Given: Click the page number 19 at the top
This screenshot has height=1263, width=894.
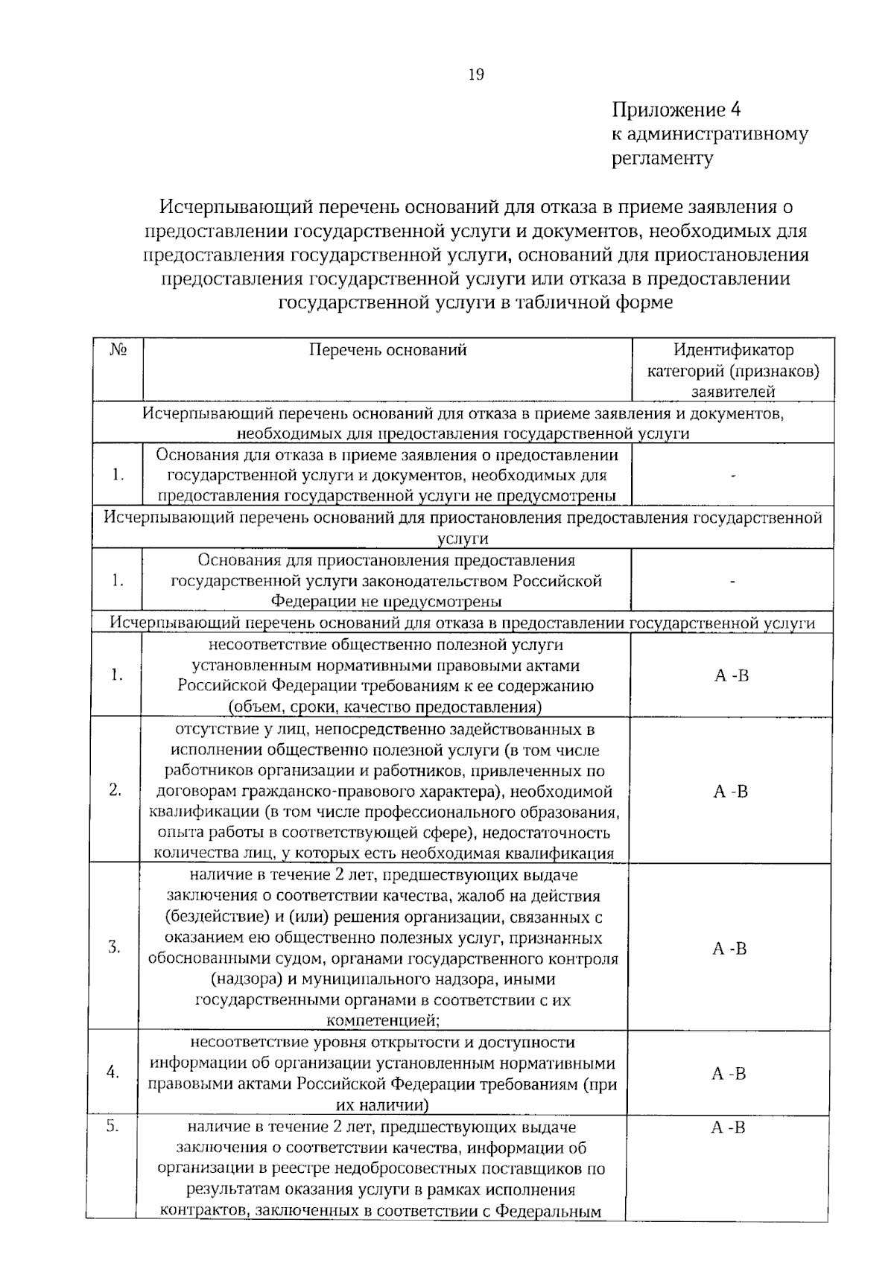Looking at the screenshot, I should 476,74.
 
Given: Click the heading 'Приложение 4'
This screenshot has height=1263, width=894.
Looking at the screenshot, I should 676,110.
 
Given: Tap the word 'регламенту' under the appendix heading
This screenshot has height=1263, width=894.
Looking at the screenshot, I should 662,159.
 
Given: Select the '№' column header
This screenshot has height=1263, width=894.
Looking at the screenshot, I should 117,350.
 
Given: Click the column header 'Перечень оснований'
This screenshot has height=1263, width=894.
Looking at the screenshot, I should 387,350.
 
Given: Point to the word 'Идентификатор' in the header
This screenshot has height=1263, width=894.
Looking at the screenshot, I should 733,350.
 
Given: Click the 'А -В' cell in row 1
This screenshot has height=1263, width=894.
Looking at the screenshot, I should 731,676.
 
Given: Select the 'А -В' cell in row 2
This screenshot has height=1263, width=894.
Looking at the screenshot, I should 730,792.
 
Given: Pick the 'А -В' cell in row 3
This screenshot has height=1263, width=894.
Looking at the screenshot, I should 729,949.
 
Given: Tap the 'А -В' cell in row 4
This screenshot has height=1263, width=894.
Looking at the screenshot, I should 729,1073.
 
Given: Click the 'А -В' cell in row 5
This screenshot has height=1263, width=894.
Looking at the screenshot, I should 728,1127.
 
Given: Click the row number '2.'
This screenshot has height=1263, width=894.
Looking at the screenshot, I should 115,791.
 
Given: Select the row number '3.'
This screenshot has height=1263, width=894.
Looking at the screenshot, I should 114,948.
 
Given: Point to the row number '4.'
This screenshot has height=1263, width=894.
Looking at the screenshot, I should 113,1073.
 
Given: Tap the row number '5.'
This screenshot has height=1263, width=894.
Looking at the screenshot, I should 112,1127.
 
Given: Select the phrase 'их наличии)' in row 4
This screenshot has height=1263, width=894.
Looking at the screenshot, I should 382,1105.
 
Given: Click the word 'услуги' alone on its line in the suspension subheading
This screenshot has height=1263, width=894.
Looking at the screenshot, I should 462,538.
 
